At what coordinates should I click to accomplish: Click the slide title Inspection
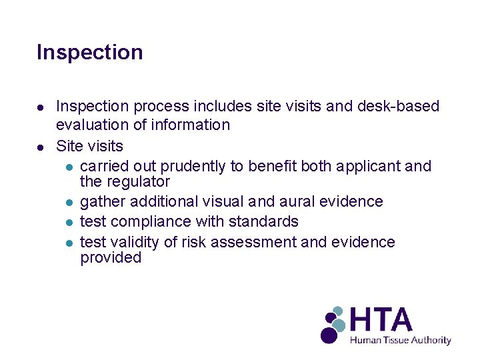coord(89,52)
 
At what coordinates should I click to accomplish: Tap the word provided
coord(111,258)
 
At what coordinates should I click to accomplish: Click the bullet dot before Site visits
coord(41,145)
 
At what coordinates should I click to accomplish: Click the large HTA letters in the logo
coord(381,321)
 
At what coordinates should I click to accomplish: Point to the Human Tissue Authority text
coord(401,340)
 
